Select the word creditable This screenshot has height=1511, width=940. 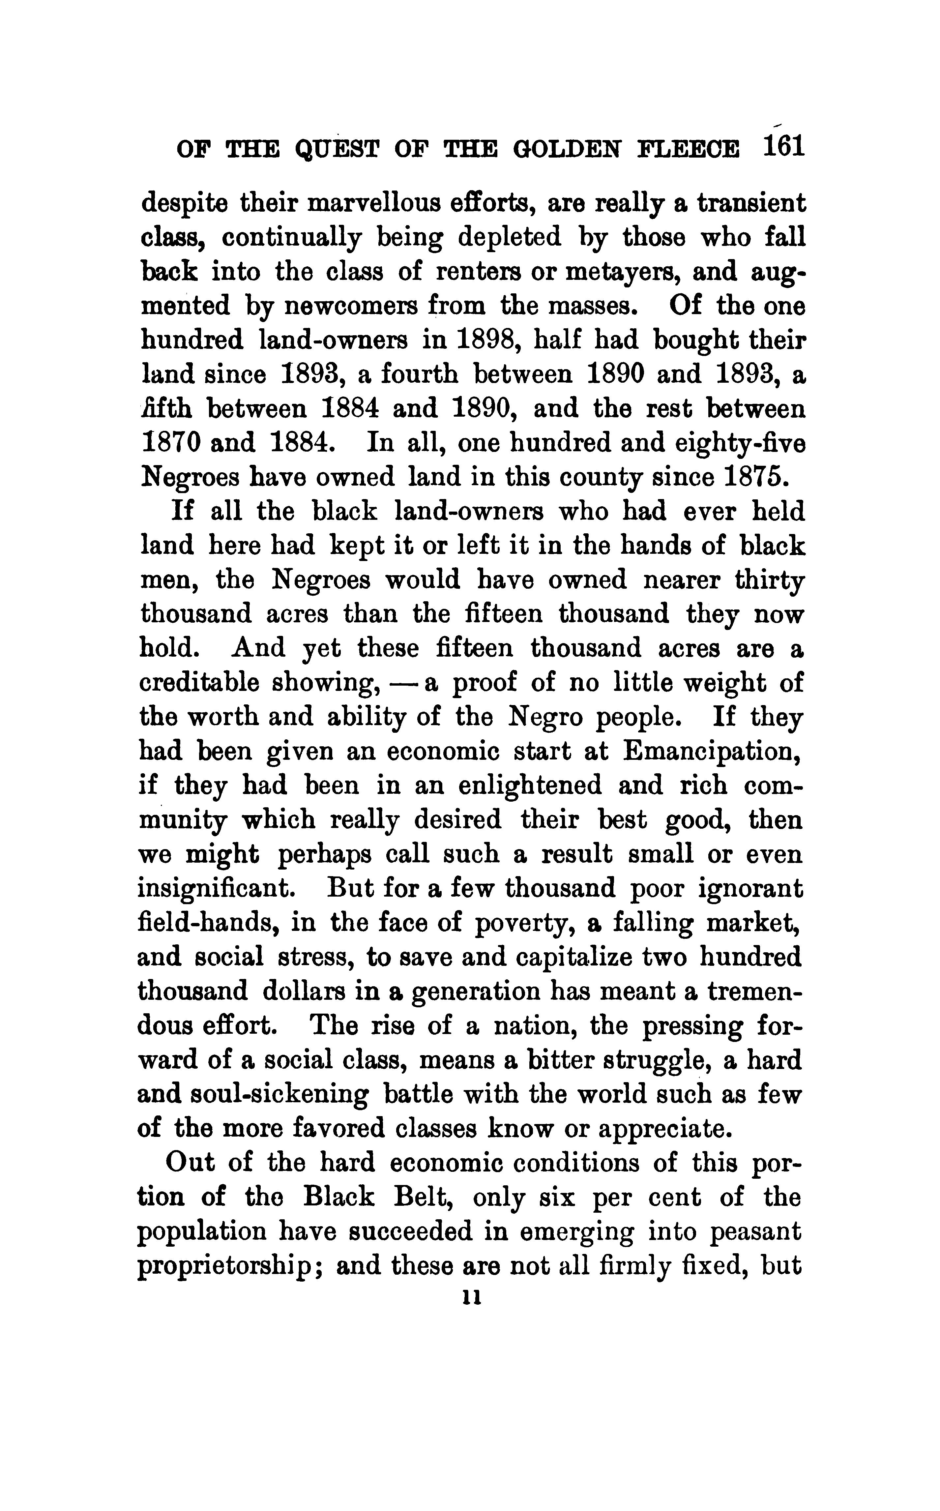pyautogui.click(x=199, y=683)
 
